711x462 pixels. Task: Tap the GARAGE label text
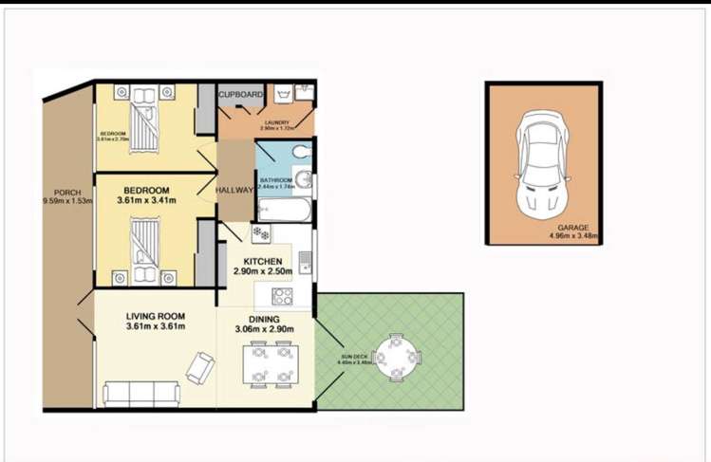tap(572, 228)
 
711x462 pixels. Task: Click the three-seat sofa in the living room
tap(141, 393)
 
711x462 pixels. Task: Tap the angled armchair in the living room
tap(200, 367)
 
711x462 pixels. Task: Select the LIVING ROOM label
tap(156, 316)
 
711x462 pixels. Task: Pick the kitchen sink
tap(303, 259)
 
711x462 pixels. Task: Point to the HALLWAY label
tap(234, 190)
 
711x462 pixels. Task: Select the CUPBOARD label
tap(241, 95)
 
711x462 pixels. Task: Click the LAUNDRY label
tap(276, 122)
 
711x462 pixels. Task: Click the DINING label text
tap(265, 319)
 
